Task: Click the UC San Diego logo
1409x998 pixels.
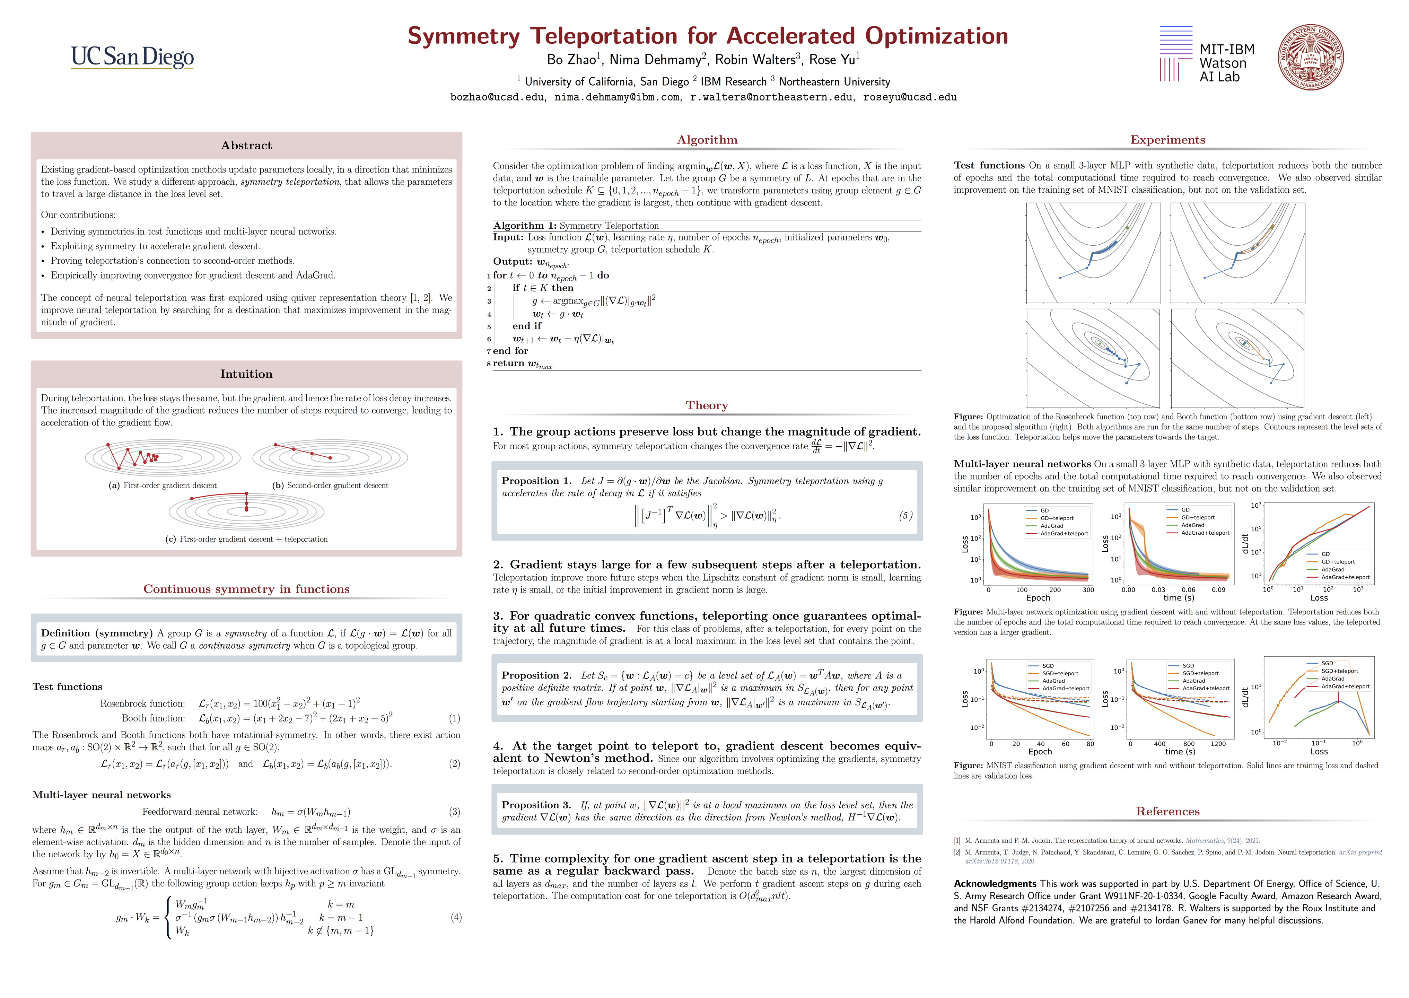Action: coord(132,57)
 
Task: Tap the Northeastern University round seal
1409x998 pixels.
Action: coord(1310,57)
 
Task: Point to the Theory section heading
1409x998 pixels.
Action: coord(707,405)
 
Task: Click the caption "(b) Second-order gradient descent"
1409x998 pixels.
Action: coord(330,485)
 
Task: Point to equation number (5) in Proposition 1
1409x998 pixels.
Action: coord(905,516)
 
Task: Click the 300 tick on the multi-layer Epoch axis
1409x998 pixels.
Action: coord(1088,590)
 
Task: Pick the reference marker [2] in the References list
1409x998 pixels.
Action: coord(957,852)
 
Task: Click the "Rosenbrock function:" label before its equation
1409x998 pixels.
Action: coord(142,704)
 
